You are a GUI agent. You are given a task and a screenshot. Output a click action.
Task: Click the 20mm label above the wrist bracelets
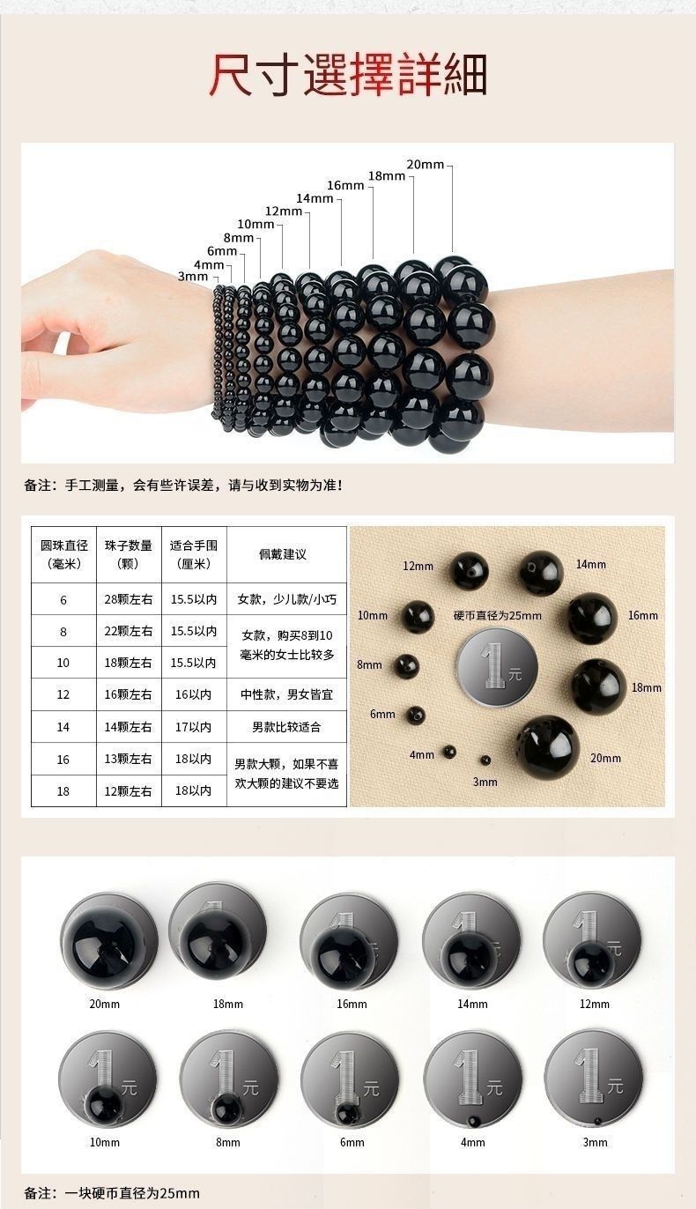pos(426,164)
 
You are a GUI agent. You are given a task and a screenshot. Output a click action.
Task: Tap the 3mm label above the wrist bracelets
pos(193,277)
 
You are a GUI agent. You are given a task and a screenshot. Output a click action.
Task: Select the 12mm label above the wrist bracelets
pos(284,211)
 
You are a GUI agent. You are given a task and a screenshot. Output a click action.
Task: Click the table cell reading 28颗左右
pos(129,599)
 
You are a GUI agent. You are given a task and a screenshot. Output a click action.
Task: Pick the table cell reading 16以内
pos(193,694)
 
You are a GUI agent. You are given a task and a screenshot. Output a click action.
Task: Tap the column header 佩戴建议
pos(283,554)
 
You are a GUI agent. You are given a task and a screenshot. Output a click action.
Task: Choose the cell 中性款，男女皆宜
pos(286,694)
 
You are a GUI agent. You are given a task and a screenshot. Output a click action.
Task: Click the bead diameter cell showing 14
pos(63,727)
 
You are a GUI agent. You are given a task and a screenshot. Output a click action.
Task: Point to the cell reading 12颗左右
pos(129,791)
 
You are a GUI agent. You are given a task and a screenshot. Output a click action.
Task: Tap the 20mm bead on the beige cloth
pos(545,747)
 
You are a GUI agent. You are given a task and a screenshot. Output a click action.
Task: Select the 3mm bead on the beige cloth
pos(485,760)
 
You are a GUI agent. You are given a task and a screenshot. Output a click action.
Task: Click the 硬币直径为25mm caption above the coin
pos(497,616)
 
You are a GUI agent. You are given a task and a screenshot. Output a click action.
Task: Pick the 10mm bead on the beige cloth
pos(418,616)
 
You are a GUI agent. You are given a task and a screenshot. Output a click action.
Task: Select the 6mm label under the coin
pos(352,1142)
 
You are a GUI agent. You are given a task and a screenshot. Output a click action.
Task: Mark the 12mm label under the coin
pos(594,1004)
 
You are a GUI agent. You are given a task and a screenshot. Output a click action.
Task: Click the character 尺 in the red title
pos(230,75)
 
